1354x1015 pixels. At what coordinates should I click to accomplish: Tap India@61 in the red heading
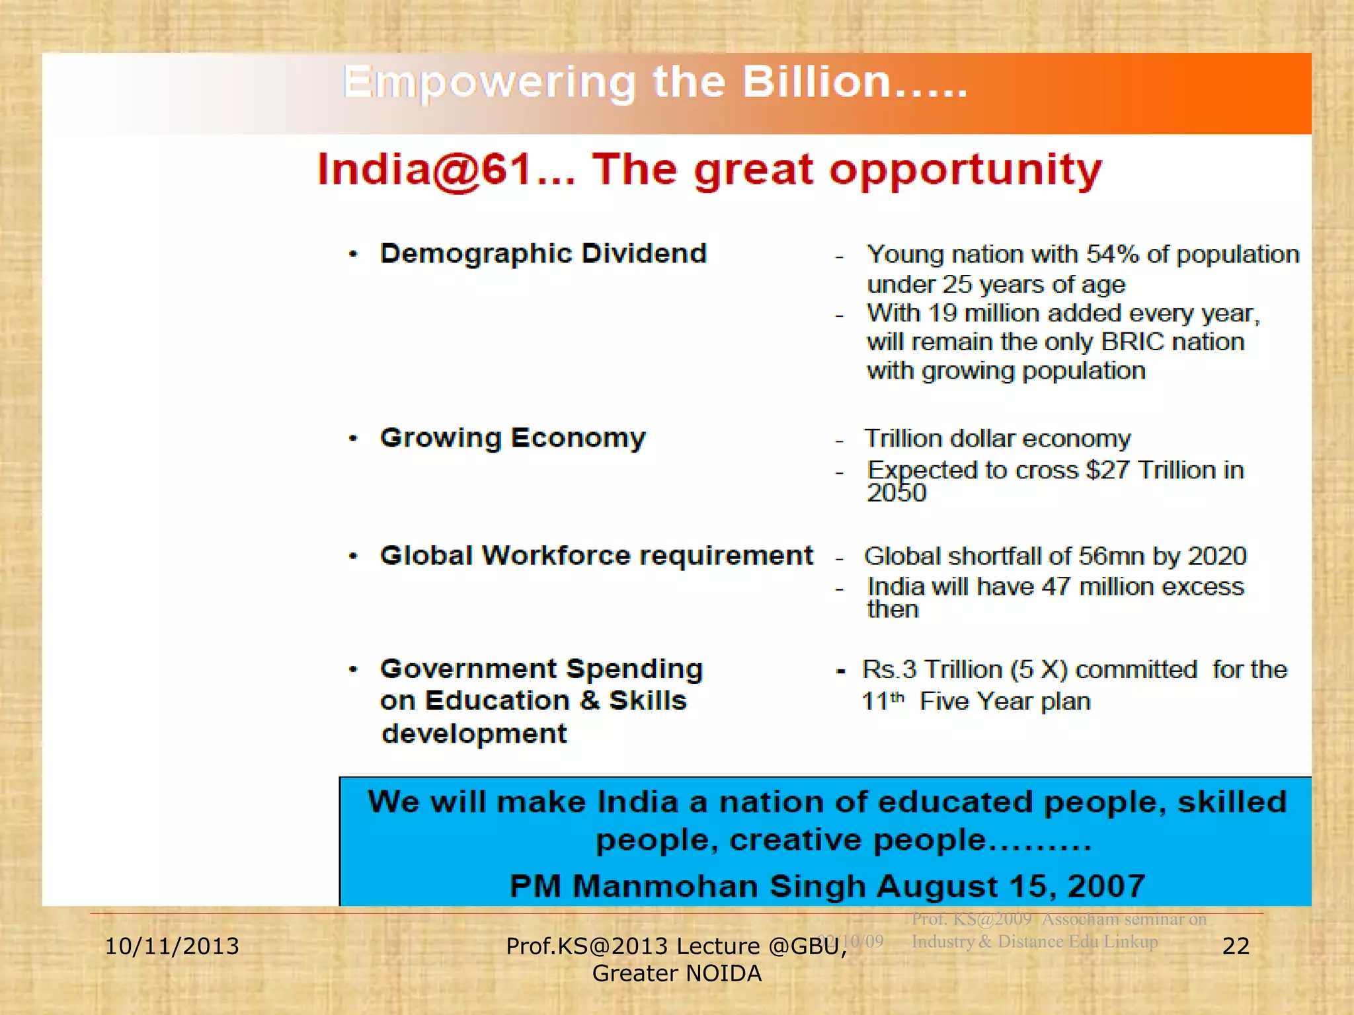(x=424, y=170)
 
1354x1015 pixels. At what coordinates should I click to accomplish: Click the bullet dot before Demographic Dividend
(x=354, y=254)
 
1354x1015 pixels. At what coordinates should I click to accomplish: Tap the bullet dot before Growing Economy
(x=354, y=438)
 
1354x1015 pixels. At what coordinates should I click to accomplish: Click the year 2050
(x=896, y=493)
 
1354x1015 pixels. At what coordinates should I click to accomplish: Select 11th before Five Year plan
(x=883, y=700)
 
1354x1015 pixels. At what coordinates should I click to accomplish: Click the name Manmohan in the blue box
(x=665, y=886)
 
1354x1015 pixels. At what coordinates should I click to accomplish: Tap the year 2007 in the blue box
(x=1106, y=886)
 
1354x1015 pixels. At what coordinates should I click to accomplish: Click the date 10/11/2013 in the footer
(x=172, y=946)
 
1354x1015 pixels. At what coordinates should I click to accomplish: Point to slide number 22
(x=1236, y=946)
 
